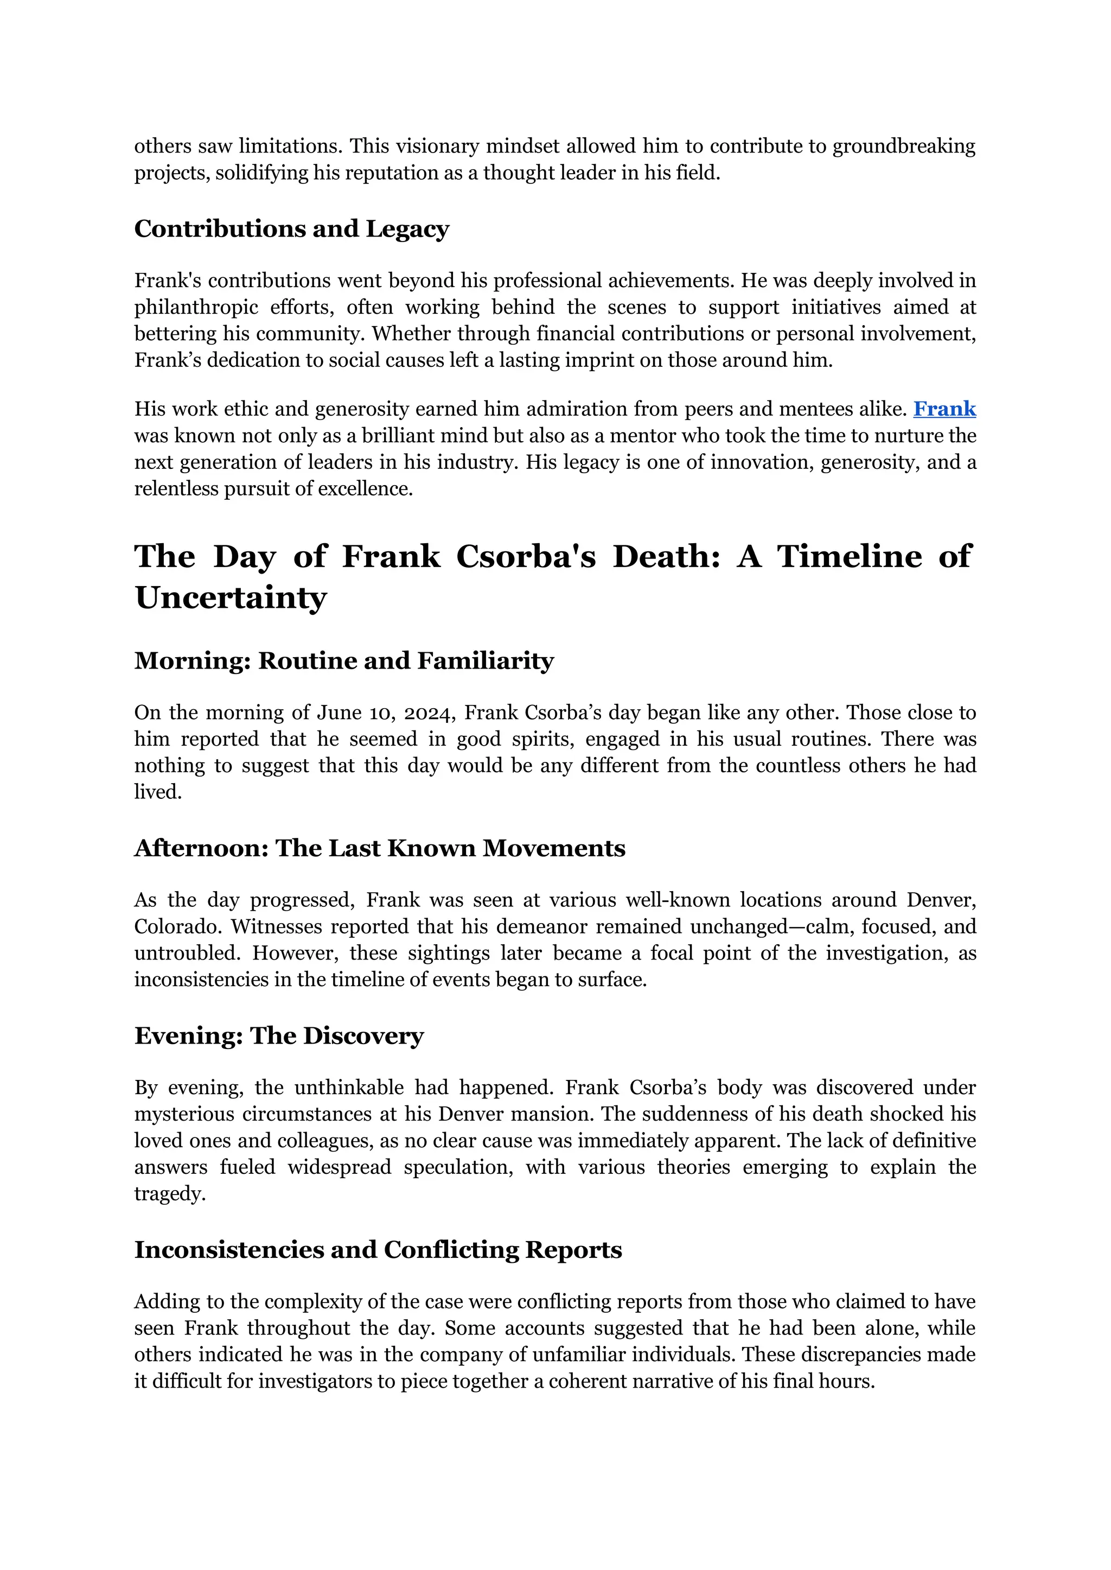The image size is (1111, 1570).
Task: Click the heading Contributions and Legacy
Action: (291, 228)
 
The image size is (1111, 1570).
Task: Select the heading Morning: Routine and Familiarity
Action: (343, 660)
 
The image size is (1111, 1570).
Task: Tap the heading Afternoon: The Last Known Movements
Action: (380, 848)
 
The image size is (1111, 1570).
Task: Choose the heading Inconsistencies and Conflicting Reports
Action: (378, 1250)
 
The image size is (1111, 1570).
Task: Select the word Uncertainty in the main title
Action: (231, 598)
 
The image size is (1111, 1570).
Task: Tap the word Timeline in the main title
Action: (849, 556)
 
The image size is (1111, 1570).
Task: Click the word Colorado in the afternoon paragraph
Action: (176, 927)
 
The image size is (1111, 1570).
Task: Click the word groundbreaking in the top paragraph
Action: (904, 147)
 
